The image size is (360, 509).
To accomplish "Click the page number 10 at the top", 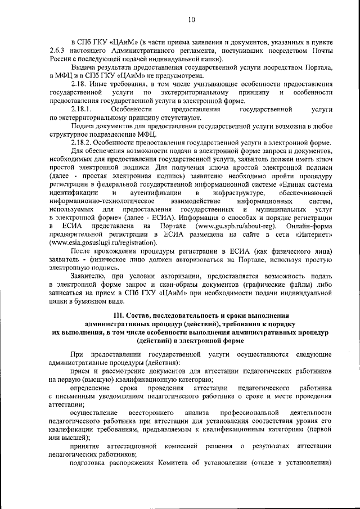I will point(191,20).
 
